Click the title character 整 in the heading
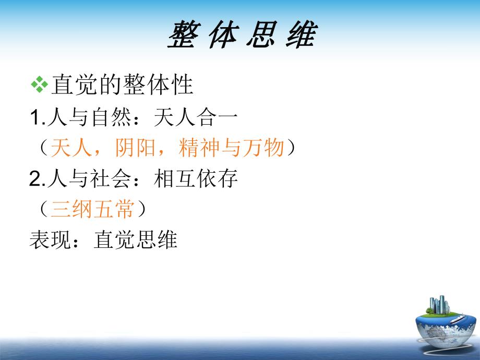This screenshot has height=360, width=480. tap(184, 36)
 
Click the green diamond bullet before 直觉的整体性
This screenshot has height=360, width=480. tap(39, 85)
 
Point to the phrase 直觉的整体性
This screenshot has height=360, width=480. tap(122, 85)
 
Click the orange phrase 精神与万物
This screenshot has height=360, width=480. tap(231, 148)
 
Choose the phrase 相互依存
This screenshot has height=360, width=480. tap(196, 179)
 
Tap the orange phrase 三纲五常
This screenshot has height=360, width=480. tap(92, 209)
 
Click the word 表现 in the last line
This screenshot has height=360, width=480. tap(50, 239)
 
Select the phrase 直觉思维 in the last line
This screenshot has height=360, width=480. tap(136, 239)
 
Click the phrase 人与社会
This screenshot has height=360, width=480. tap(89, 179)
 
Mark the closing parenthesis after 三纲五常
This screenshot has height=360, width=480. tap(140, 209)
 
